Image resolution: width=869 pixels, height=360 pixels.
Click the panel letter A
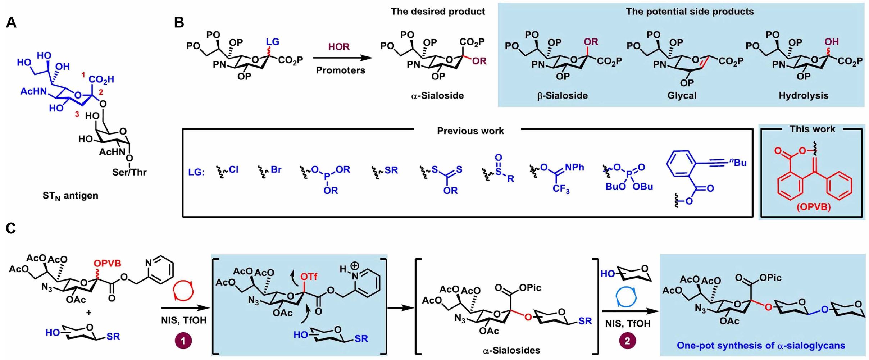click(x=11, y=23)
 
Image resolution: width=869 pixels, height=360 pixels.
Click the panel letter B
click(x=179, y=23)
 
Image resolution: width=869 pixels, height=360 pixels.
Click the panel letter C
click(x=11, y=229)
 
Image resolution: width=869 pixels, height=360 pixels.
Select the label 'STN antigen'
click(x=70, y=196)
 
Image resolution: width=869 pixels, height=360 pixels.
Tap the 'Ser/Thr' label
click(x=129, y=172)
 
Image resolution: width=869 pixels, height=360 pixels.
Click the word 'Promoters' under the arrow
click(x=340, y=70)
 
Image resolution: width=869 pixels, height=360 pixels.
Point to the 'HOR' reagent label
click(x=339, y=47)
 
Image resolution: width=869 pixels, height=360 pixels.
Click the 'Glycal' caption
click(x=682, y=96)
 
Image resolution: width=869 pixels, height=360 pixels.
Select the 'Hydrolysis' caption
click(x=804, y=96)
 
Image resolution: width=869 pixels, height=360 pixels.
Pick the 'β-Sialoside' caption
click(x=563, y=96)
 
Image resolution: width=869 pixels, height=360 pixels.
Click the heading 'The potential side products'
click(x=690, y=12)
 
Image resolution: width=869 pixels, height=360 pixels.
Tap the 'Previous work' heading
click(x=470, y=131)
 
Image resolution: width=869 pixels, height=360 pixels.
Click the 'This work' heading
click(x=812, y=129)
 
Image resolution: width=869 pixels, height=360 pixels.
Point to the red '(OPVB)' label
click(x=813, y=208)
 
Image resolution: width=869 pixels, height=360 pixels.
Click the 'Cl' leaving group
click(x=233, y=169)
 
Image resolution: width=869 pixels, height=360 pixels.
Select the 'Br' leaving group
click(x=276, y=169)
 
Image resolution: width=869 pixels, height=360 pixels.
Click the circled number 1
click(x=183, y=341)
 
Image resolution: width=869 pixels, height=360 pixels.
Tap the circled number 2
click(x=627, y=341)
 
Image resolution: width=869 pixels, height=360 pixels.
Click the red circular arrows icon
click(x=183, y=291)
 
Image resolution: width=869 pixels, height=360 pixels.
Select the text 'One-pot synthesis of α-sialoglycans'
click(x=761, y=346)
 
